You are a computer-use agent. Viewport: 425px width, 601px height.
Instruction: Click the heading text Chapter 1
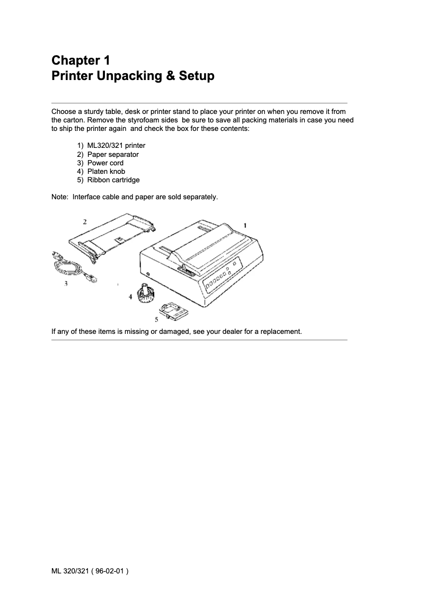81,59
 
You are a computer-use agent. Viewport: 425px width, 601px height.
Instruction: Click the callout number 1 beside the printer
245,225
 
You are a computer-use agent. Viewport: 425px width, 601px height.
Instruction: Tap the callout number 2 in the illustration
85,220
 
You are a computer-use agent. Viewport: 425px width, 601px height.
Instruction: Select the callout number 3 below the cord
66,284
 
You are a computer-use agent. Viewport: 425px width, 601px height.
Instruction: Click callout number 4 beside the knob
130,297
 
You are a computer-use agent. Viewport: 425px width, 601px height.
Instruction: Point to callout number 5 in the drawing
156,319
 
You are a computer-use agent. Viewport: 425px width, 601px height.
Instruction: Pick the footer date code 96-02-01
110,571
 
